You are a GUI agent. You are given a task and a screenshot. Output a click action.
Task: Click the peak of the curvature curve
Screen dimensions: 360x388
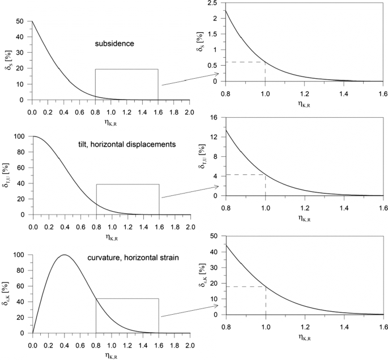64,255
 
